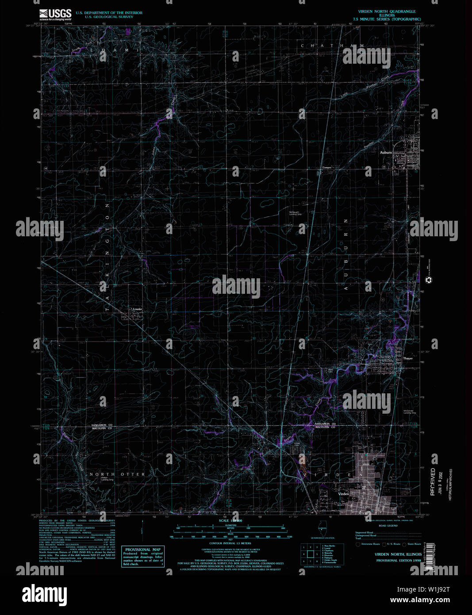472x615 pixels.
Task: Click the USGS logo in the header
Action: pyautogui.click(x=55, y=15)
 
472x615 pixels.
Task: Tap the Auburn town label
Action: pyautogui.click(x=386, y=153)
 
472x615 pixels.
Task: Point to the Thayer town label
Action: pyautogui.click(x=407, y=358)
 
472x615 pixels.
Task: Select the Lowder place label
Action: pyautogui.click(x=138, y=309)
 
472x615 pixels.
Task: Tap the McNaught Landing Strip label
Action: pyautogui.click(x=295, y=213)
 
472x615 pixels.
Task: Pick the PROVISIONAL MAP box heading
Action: pyautogui.click(x=143, y=550)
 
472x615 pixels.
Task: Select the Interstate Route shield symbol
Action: pyautogui.click(x=358, y=544)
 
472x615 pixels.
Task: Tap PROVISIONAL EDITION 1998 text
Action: pyautogui.click(x=398, y=561)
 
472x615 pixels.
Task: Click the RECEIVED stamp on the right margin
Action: pyautogui.click(x=433, y=482)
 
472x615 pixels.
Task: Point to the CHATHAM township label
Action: pyautogui.click(x=333, y=46)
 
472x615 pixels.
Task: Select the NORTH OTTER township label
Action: pyautogui.click(x=117, y=474)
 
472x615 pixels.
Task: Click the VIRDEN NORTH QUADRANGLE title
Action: pyautogui.click(x=387, y=11)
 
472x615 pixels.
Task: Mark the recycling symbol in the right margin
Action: pyautogui.click(x=428, y=280)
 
